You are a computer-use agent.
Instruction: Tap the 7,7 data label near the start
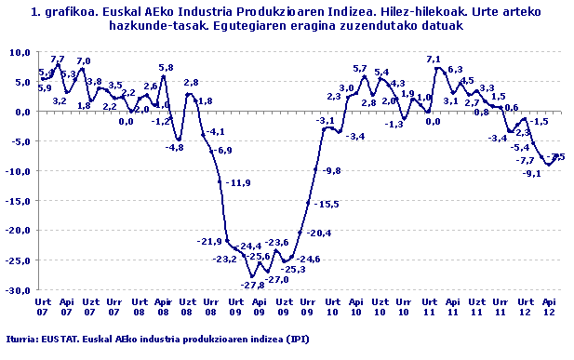[58, 60]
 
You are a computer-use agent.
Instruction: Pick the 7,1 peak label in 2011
[434, 60]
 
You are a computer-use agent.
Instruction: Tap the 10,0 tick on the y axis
[19, 52]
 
